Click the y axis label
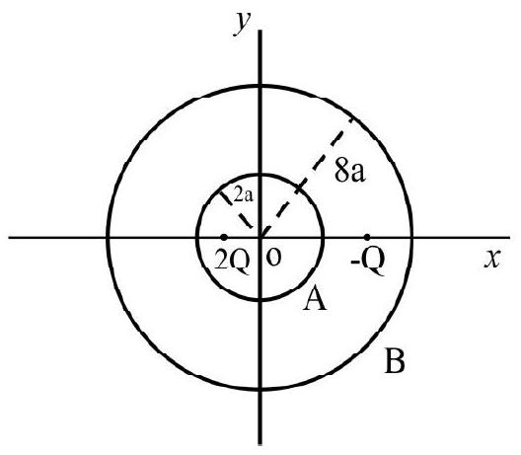tap(242, 23)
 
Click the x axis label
tap(492, 259)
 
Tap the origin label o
tap(273, 258)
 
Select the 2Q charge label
tap(232, 262)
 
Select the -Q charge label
tap(368, 261)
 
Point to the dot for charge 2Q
tap(224, 237)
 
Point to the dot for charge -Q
tap(367, 237)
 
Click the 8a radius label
tap(350, 172)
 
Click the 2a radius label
tap(243, 195)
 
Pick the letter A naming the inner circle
tap(315, 299)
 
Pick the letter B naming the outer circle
tap(395, 360)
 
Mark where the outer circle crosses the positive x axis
tap(412, 237)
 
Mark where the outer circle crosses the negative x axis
tap(108, 237)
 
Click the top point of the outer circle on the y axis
tap(260, 86)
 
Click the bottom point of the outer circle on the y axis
tap(260, 389)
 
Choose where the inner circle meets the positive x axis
tap(323, 237)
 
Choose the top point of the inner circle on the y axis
tap(260, 174)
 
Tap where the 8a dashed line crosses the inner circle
tap(299, 189)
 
